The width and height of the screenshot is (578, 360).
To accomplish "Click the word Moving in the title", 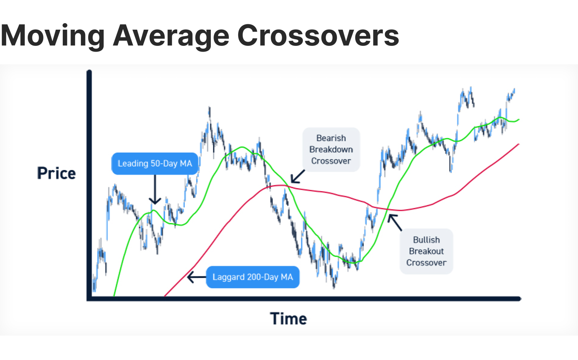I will [52, 36].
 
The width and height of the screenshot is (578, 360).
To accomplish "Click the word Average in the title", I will [170, 36].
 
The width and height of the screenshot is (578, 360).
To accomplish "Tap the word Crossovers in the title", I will [318, 36].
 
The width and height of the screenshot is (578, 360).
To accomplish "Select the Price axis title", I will [56, 173].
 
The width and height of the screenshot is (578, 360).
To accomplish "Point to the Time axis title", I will [288, 319].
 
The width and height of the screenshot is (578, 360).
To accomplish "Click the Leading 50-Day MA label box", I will [155, 163].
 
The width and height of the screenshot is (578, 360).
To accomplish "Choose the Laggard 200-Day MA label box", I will [252, 277].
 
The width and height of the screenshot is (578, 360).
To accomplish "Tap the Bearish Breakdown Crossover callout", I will [331, 150].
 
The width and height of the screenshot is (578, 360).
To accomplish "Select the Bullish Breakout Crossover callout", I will [426, 251].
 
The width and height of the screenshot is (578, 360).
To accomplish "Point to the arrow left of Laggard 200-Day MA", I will [196, 277].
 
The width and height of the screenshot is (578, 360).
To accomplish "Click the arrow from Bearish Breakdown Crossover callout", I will [297, 177].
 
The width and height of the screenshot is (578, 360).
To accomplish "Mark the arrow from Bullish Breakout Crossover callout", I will [395, 222].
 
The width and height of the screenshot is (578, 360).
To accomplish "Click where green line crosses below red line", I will [287, 186].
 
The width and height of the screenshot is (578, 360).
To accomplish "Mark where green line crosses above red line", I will [387, 209].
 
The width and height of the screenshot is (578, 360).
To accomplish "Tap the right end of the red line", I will [519, 144].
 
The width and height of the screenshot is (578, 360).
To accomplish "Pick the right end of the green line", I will [519, 120].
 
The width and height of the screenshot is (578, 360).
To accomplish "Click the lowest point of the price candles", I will [334, 288].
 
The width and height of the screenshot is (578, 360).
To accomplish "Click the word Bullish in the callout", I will [426, 240].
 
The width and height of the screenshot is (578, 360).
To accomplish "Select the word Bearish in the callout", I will [331, 138].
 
